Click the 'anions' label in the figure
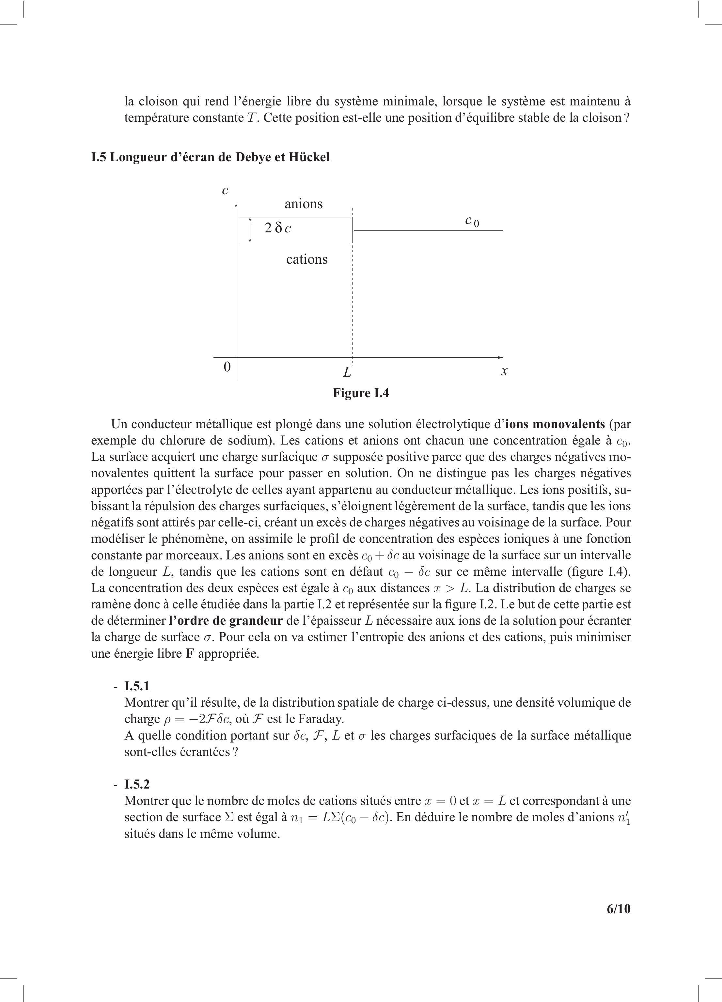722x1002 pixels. (304, 204)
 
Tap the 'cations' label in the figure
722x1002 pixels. (306, 259)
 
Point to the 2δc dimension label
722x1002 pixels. (277, 228)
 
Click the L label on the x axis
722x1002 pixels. (347, 372)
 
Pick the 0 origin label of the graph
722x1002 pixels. (227, 367)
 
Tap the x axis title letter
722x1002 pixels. (504, 371)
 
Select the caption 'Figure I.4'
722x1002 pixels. (361, 393)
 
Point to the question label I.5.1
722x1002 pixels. (137, 686)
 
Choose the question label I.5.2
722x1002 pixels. (137, 784)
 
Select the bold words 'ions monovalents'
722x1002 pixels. (555, 424)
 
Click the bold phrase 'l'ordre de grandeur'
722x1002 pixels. (225, 621)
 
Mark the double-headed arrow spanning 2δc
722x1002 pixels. (250, 230)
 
